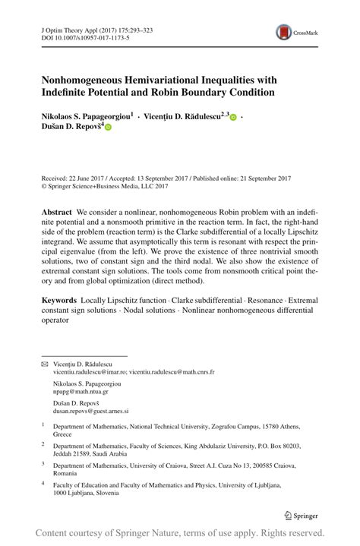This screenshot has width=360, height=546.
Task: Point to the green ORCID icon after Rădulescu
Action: tap(233, 118)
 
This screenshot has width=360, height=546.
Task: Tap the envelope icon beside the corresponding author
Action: tap(44, 365)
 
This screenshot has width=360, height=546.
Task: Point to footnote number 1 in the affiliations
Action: tap(43, 426)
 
